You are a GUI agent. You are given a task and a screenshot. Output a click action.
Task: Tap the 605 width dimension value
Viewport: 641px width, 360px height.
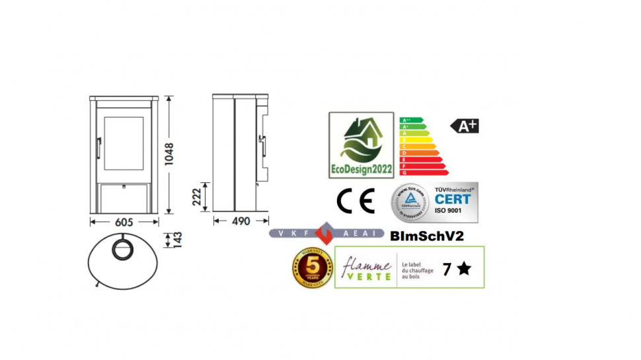[x=125, y=221]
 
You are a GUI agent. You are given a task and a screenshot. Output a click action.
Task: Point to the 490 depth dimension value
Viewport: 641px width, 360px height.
[x=241, y=221]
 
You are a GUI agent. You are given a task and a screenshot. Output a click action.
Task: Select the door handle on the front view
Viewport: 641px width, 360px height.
[x=98, y=148]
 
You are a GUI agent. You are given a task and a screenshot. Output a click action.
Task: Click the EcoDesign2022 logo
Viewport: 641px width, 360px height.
[x=361, y=145]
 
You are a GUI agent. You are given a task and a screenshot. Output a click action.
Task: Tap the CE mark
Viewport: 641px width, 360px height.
[x=356, y=201]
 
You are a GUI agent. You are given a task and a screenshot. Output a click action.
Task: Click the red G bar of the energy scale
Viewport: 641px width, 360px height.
[x=423, y=172]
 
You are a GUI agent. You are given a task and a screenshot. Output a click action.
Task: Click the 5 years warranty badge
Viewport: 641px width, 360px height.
[x=312, y=268]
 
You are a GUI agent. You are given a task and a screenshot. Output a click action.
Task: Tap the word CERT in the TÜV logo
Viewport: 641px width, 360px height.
[x=453, y=199]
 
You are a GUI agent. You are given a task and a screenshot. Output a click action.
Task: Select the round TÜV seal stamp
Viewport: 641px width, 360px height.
[x=410, y=202]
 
